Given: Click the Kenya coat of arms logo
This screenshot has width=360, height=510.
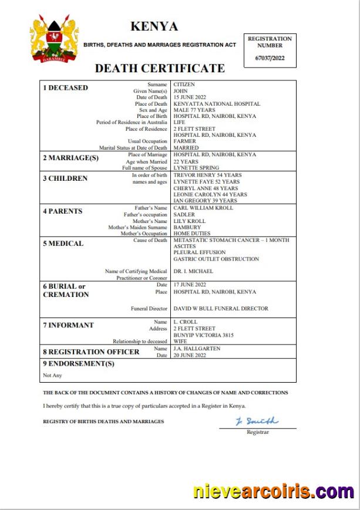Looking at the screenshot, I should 55,40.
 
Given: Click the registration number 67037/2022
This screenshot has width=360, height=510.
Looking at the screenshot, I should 269,58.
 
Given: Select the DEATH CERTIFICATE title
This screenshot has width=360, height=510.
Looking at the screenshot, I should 160,68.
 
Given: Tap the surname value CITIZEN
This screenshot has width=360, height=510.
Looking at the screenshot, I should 184,85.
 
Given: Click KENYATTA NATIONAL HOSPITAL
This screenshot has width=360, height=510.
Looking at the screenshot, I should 217,104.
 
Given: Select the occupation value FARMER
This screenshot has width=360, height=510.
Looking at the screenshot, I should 185,141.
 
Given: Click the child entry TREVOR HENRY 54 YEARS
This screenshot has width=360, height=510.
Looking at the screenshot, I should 207,175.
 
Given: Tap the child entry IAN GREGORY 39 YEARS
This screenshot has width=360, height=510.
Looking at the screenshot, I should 204,201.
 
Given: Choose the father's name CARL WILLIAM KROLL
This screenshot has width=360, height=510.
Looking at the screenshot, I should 203,208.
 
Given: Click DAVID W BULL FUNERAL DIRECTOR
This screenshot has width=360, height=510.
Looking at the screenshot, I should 221,308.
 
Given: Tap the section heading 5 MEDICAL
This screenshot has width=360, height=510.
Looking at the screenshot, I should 63,244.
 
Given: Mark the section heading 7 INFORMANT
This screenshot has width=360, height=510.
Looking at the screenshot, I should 68,325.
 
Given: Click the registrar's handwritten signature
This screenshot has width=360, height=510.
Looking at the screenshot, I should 257,421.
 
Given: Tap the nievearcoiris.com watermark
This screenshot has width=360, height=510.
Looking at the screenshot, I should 274,491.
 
